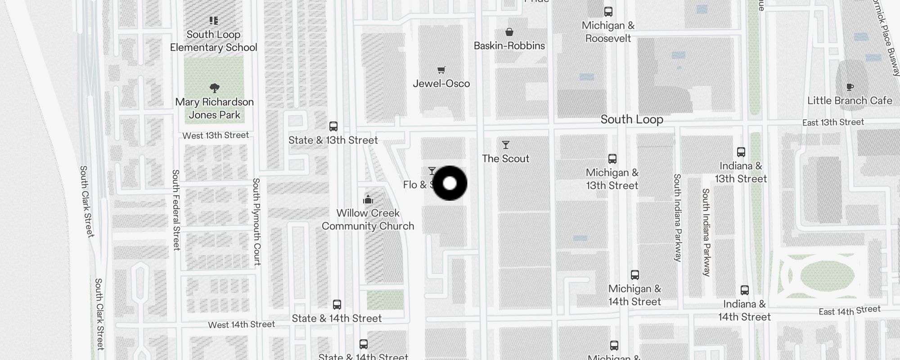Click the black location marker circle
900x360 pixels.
(x=450, y=183)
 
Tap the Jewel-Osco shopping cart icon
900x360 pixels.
(x=441, y=70)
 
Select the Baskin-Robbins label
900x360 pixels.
(x=509, y=45)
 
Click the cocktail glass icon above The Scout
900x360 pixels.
(x=506, y=145)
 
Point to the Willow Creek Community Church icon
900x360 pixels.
(x=368, y=199)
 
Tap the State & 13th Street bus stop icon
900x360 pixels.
(x=333, y=126)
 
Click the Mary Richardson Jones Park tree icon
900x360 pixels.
(x=215, y=88)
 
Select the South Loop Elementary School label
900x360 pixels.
(x=213, y=41)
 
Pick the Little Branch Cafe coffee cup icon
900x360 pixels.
(x=850, y=87)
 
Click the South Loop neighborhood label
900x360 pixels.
(x=632, y=119)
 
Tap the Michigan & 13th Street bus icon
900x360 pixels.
(x=612, y=159)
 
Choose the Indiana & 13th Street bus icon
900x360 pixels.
(x=741, y=152)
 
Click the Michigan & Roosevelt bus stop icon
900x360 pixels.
(x=608, y=12)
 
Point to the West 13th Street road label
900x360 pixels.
(x=216, y=135)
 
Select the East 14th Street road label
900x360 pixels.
(x=850, y=310)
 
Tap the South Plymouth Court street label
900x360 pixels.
(x=256, y=221)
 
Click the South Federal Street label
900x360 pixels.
(x=176, y=210)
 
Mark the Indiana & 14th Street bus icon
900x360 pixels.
(x=744, y=290)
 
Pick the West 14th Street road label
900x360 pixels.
(x=241, y=324)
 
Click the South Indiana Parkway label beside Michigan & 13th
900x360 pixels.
(x=678, y=217)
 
